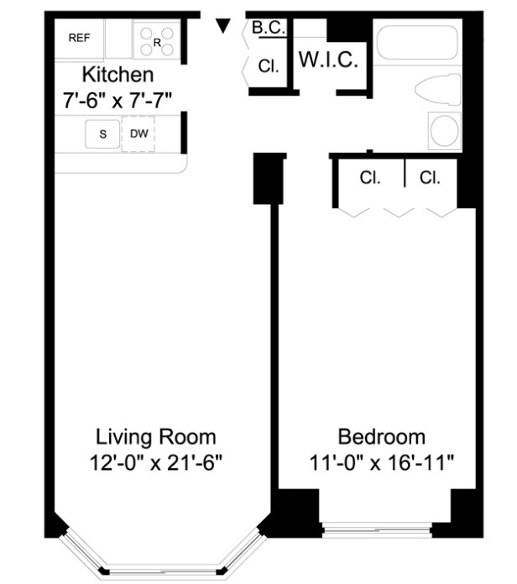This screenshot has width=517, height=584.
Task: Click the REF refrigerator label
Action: point(79,38)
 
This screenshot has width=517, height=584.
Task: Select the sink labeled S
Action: point(102,133)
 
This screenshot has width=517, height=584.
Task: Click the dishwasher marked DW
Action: point(138,133)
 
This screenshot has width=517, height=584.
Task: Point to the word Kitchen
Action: point(117,75)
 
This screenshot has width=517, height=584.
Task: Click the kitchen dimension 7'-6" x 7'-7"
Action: point(117,100)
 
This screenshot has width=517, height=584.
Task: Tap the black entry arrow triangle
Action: point(223,26)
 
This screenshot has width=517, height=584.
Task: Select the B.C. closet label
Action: point(269,28)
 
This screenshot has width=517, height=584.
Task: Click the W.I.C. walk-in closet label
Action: point(328,60)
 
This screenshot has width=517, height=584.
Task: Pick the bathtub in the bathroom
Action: point(417,43)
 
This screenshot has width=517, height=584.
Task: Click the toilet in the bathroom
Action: point(438,90)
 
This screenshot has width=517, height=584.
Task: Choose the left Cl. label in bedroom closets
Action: point(370,178)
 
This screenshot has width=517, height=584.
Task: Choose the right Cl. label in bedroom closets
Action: point(430,178)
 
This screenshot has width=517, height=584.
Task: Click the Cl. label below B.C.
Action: point(269,66)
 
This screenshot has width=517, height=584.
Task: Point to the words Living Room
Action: point(156,437)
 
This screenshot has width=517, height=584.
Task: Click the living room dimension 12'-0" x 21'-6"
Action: point(156,463)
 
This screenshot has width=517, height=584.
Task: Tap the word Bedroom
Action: point(381,437)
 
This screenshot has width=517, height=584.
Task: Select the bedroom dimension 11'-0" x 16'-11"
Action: point(381,463)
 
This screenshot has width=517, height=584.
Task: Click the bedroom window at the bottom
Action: point(377,529)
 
